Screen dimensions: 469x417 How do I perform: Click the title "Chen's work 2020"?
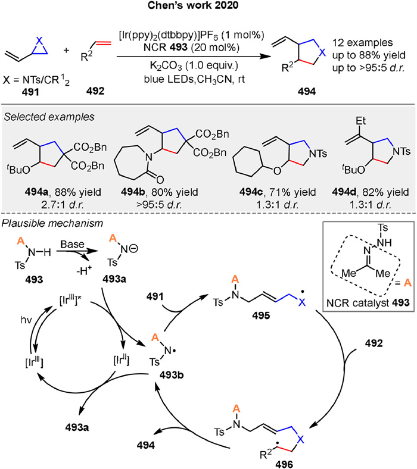[x=208, y=7]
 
